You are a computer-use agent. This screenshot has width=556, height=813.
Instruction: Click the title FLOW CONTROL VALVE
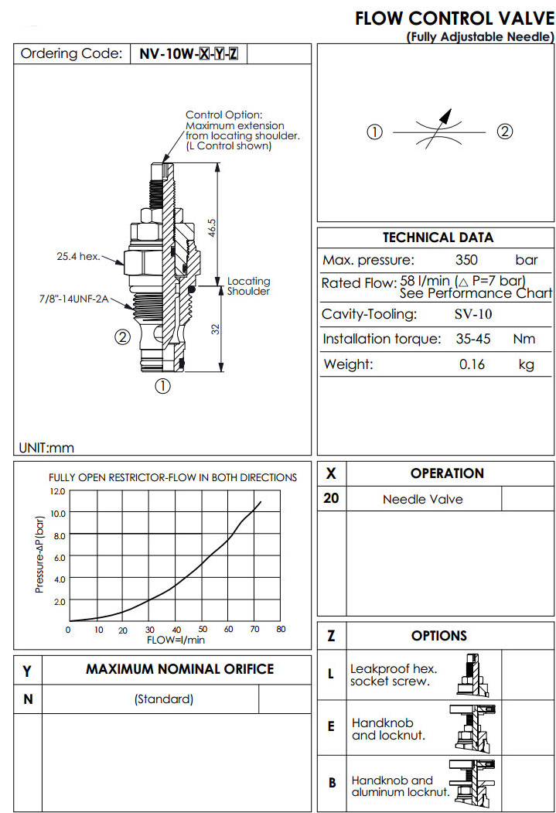point(455,19)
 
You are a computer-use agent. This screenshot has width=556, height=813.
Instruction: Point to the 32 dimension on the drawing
point(217,328)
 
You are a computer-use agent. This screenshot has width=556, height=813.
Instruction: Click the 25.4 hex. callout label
point(79,257)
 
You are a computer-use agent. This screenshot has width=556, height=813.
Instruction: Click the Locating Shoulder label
point(248,286)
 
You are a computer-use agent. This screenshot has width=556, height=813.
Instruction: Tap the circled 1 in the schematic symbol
point(375,132)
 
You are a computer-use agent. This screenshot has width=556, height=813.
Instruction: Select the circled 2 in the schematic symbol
point(504,132)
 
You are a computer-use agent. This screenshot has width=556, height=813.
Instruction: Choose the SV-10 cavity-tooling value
point(472,314)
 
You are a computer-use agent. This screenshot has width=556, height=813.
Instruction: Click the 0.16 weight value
point(472,364)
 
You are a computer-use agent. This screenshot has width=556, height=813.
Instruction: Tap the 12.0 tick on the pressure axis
point(56,490)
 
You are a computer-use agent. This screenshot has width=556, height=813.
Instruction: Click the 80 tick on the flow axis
point(281,630)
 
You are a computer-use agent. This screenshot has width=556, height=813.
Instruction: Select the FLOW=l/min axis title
point(176,639)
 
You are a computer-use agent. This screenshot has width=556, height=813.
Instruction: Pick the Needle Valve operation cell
point(423,500)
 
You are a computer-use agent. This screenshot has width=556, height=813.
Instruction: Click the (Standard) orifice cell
point(163,699)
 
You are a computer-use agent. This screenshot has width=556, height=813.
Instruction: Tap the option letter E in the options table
point(331,726)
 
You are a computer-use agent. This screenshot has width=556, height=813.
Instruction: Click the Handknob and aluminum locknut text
point(400,787)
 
